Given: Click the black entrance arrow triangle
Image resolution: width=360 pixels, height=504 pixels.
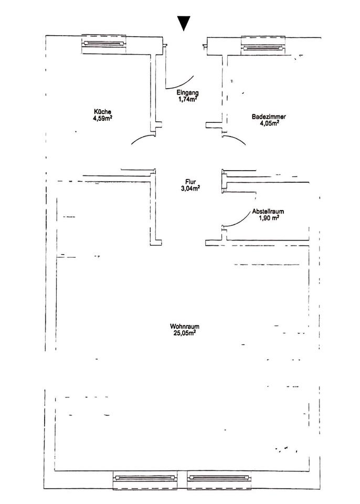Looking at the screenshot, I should pyautogui.click(x=183, y=24).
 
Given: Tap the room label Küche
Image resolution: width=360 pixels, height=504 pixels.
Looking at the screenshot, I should pyautogui.click(x=102, y=111).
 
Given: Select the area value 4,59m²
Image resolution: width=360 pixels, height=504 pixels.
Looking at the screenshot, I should pyautogui.click(x=102, y=118).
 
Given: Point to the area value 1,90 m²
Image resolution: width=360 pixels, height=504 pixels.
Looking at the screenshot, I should pyautogui.click(x=269, y=217).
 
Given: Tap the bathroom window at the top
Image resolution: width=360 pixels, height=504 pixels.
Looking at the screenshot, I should pyautogui.click(x=263, y=45).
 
